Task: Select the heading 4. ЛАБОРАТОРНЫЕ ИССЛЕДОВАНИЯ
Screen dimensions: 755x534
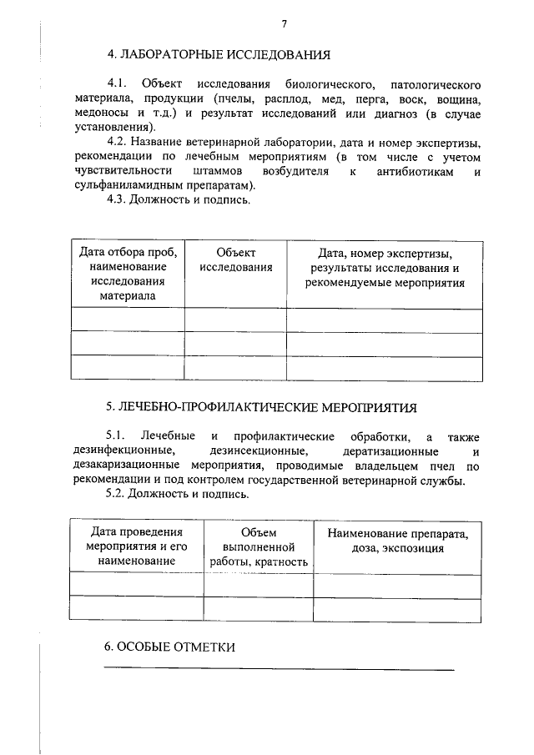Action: point(219,56)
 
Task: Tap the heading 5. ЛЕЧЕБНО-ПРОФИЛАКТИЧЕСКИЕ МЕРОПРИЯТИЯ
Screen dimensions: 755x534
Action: point(261,407)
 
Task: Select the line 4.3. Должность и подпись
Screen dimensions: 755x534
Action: point(178,199)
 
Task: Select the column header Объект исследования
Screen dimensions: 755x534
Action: point(235,260)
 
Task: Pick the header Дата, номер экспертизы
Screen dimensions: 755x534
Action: point(385,267)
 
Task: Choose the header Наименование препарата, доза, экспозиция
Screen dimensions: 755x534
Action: point(397,540)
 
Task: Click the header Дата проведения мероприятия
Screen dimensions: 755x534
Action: point(136,546)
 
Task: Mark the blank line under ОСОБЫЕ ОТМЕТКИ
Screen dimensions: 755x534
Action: point(279,669)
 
